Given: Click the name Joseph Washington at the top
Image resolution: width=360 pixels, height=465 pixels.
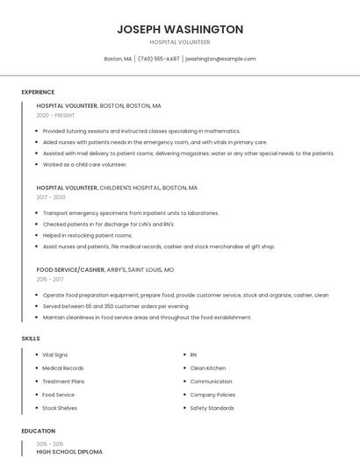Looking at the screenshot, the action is click(180, 30).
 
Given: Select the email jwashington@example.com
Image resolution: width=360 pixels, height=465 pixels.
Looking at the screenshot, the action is click(220, 59).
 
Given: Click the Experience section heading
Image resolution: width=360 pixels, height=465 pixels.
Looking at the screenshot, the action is click(38, 91).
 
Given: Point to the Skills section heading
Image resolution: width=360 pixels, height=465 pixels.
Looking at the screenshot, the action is click(31, 338).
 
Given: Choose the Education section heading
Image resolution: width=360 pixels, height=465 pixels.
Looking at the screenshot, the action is click(38, 431).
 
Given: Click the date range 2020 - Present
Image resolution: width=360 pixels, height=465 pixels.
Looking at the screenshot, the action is click(55, 115).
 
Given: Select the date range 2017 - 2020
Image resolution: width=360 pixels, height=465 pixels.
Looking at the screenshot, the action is click(51, 197).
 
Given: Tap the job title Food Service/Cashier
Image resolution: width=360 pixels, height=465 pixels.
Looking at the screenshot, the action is click(70, 270).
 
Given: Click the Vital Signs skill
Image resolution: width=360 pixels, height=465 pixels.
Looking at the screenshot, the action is click(55, 354).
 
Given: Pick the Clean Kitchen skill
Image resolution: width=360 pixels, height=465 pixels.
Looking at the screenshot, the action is click(207, 368).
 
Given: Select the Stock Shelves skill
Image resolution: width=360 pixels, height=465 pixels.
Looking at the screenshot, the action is click(60, 408).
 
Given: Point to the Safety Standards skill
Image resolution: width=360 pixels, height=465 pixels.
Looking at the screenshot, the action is click(212, 408).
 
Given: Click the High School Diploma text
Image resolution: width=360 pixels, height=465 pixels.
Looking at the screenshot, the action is click(69, 452).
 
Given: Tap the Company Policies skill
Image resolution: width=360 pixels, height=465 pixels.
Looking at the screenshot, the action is click(212, 395).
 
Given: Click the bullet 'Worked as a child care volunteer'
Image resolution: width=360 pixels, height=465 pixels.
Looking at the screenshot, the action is click(84, 164).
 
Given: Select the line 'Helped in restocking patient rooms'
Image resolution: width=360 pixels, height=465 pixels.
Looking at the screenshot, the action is click(87, 235).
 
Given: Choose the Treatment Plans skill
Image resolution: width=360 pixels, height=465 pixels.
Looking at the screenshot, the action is click(63, 382).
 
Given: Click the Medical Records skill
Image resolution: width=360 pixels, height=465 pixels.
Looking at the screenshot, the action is click(63, 368).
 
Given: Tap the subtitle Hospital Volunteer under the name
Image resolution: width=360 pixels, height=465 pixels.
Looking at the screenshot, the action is click(180, 42).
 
